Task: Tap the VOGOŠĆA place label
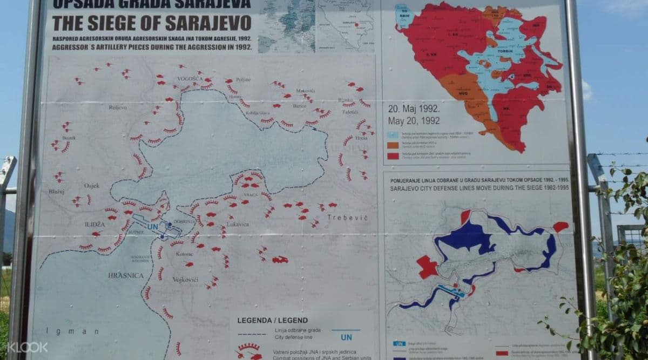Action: pyautogui.click(x=190, y=79)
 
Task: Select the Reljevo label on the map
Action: pyautogui.click(x=118, y=107)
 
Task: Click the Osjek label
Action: pyautogui.click(x=92, y=186)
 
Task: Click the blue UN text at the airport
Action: pyautogui.click(x=153, y=227)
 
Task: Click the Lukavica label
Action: pyautogui.click(x=238, y=223)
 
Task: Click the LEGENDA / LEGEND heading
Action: pyautogui.click(x=272, y=321)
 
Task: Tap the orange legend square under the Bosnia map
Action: pyautogui.click(x=393, y=145)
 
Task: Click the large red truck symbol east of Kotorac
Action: pyautogui.click(x=280, y=260)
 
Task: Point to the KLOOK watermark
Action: pyautogui.click(x=28, y=347)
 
